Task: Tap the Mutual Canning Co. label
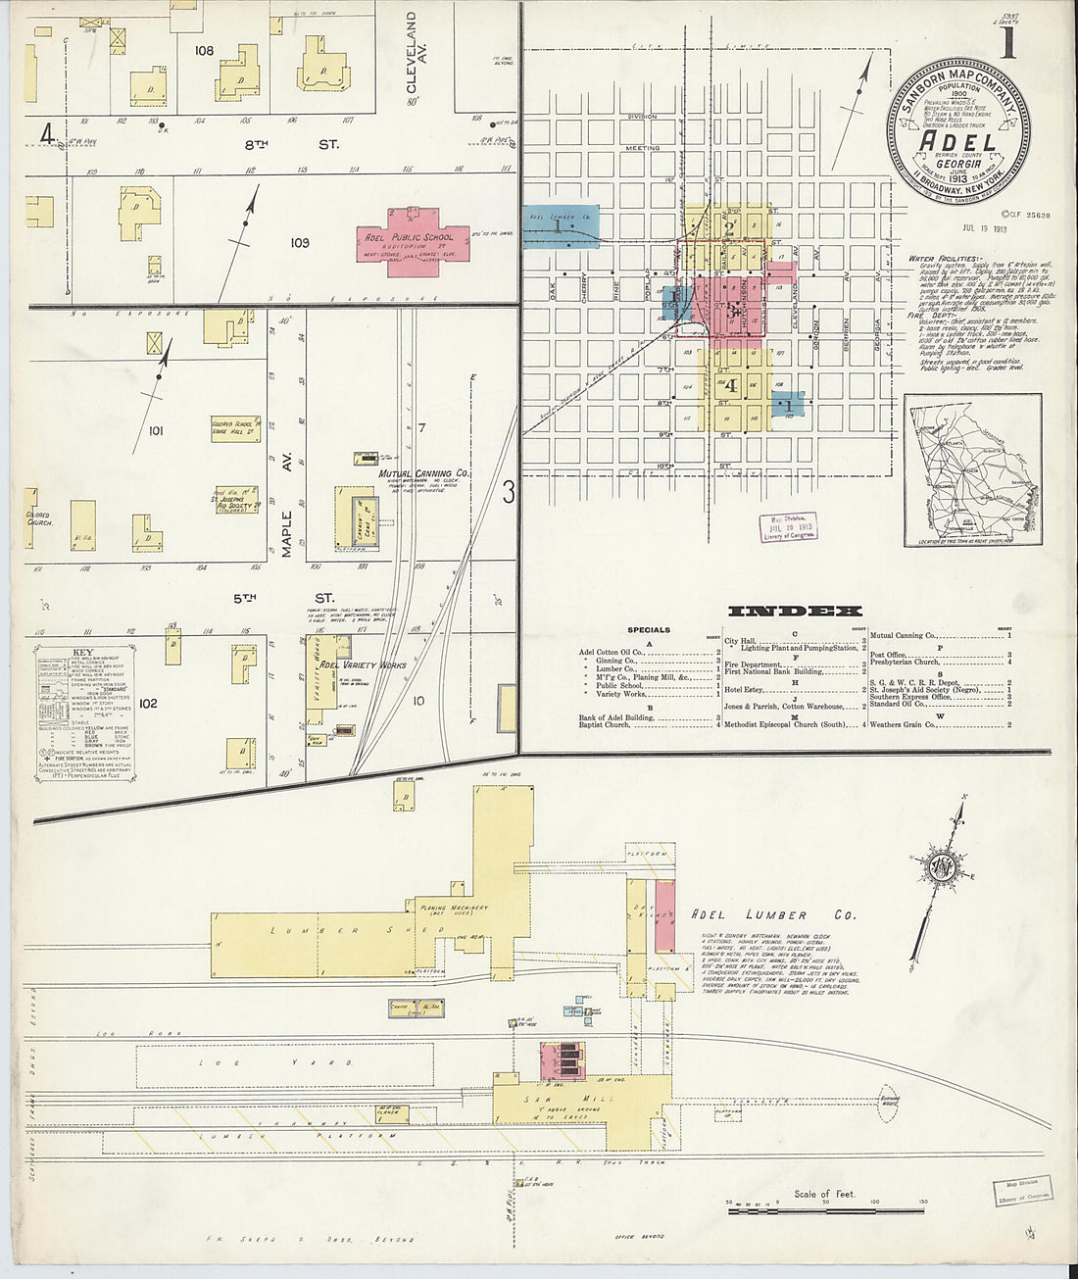(424, 473)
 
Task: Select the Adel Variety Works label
(364, 664)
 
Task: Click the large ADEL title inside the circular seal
(958, 143)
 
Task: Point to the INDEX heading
(794, 612)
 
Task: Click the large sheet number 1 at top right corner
(1006, 43)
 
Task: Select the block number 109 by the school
(300, 242)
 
